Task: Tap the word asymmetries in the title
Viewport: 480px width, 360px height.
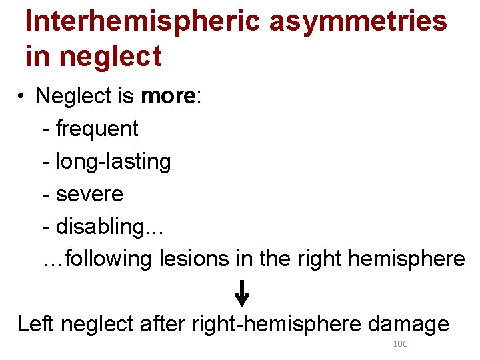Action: [358, 21]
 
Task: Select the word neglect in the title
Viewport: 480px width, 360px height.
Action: [111, 56]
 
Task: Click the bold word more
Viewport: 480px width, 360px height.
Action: [167, 96]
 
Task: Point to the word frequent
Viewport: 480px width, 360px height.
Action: [97, 128]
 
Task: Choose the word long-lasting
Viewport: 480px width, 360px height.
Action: [113, 161]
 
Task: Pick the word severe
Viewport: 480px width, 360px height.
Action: [89, 194]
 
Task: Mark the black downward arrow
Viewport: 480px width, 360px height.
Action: [243, 293]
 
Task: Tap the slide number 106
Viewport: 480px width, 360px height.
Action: [401, 344]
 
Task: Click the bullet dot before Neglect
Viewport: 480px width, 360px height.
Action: [22, 97]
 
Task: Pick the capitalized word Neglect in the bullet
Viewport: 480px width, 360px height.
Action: [75, 96]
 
